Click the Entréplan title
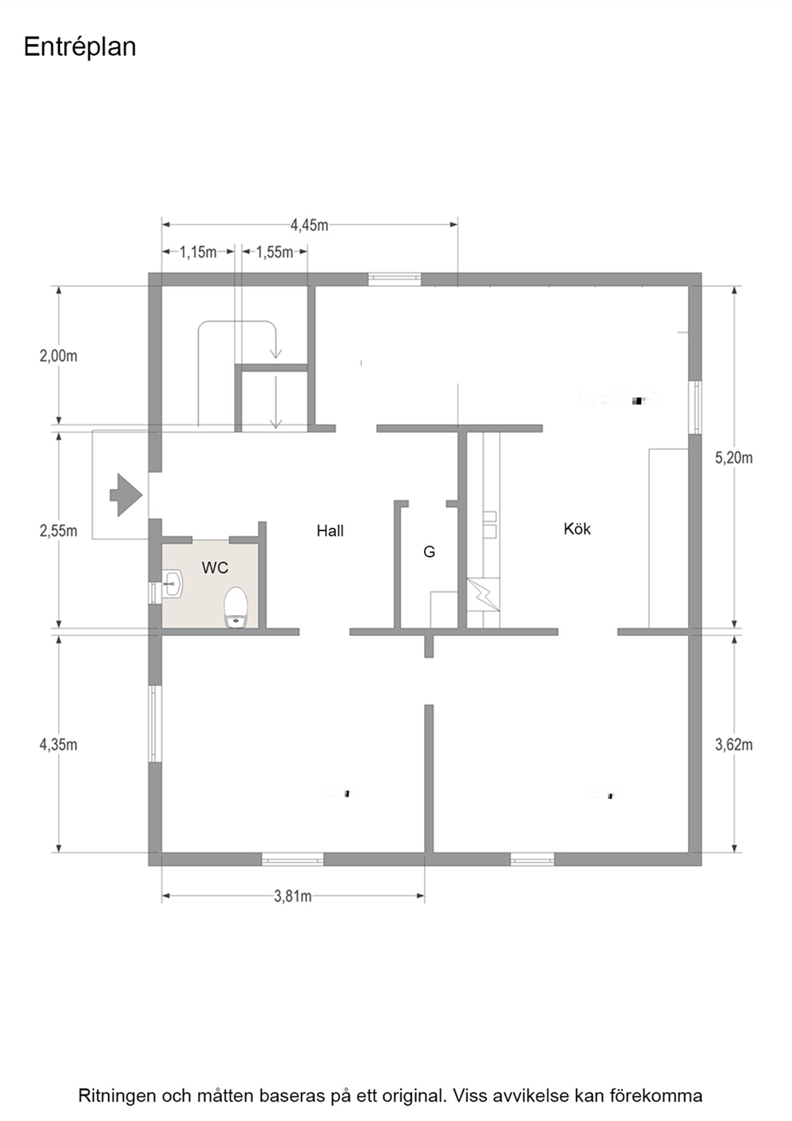[80, 48]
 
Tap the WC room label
[215, 567]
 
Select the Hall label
[330, 531]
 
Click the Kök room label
[577, 529]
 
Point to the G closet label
[429, 551]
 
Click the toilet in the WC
[236, 607]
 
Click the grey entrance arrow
[126, 495]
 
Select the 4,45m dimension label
[310, 225]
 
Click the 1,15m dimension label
[199, 252]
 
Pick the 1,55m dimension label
[275, 252]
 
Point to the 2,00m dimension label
[58, 356]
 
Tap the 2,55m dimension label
[58, 531]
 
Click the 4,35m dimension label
[58, 745]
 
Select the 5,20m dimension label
[734, 458]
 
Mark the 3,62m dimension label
[734, 745]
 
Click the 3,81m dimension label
[292, 896]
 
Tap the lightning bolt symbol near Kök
[483, 594]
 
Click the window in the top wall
[394, 279]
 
